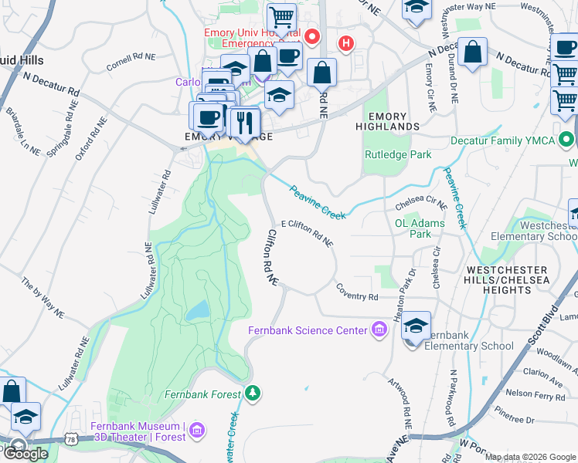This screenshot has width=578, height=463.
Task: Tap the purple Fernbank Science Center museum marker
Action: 379,331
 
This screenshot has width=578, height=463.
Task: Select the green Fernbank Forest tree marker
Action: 253,394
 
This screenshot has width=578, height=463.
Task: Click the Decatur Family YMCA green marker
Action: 567,140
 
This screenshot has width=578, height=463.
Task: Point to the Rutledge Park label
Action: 398,154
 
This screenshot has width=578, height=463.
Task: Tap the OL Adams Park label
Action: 420,228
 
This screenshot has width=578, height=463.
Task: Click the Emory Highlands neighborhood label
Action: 388,120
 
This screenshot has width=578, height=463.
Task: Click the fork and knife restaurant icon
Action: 246,123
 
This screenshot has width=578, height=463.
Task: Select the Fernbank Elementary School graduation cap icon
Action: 416,327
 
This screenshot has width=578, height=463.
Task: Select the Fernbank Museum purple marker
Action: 197,428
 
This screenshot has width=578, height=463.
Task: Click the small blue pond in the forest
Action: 198,310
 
